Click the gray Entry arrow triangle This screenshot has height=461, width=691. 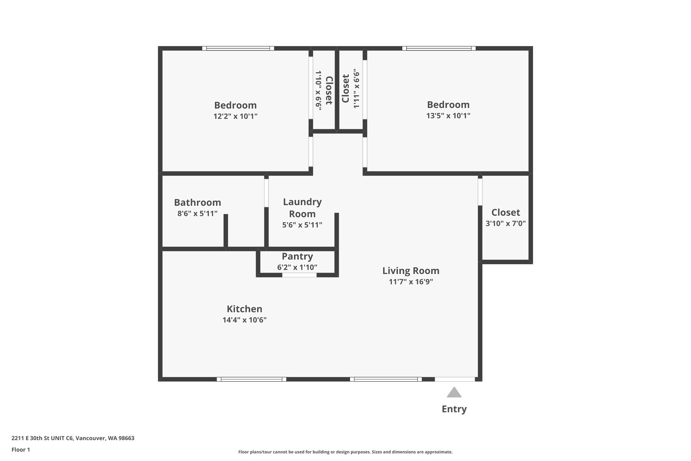454,392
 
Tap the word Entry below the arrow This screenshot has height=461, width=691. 454,409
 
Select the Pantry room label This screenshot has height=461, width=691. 297,257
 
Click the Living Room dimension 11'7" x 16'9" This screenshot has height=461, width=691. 411,282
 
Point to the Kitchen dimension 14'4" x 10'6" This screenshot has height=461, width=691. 245,320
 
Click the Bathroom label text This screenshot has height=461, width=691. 197,203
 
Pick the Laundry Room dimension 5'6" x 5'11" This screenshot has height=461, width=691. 302,225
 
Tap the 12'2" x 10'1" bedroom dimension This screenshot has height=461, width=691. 235,117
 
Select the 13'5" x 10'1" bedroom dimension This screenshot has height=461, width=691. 448,116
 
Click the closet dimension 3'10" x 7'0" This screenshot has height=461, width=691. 505,223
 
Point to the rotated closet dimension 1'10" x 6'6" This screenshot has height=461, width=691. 318,90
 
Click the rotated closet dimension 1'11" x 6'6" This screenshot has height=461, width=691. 356,89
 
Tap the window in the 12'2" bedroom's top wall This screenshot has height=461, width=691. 238,49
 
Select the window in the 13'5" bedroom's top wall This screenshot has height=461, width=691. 439,49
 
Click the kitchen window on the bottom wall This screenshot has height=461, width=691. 251,379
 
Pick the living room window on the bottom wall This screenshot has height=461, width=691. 386,379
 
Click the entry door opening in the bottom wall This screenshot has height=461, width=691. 455,379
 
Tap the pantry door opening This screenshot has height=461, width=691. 299,275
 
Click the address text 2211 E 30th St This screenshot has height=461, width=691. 73,438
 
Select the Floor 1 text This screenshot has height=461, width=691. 20,450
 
